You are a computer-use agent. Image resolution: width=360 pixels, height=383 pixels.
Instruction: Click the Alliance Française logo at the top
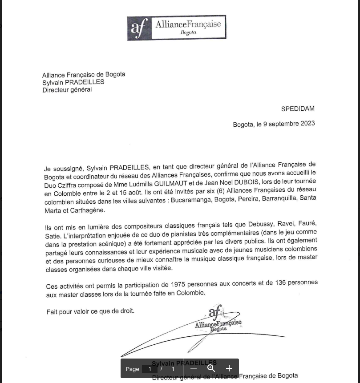coord(177,28)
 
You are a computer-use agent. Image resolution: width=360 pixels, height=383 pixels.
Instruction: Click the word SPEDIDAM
coord(298,109)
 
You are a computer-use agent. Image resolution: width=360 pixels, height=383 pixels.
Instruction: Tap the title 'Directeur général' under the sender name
coord(67,89)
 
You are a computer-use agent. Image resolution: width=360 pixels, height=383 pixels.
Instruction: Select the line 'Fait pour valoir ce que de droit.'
coord(90,311)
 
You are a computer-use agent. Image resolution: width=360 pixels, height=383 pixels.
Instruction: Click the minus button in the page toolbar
coord(194,368)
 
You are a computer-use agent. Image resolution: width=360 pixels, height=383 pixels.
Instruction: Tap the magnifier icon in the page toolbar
coord(211,368)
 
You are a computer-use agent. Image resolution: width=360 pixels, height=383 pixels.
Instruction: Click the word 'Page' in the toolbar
coord(132,369)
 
